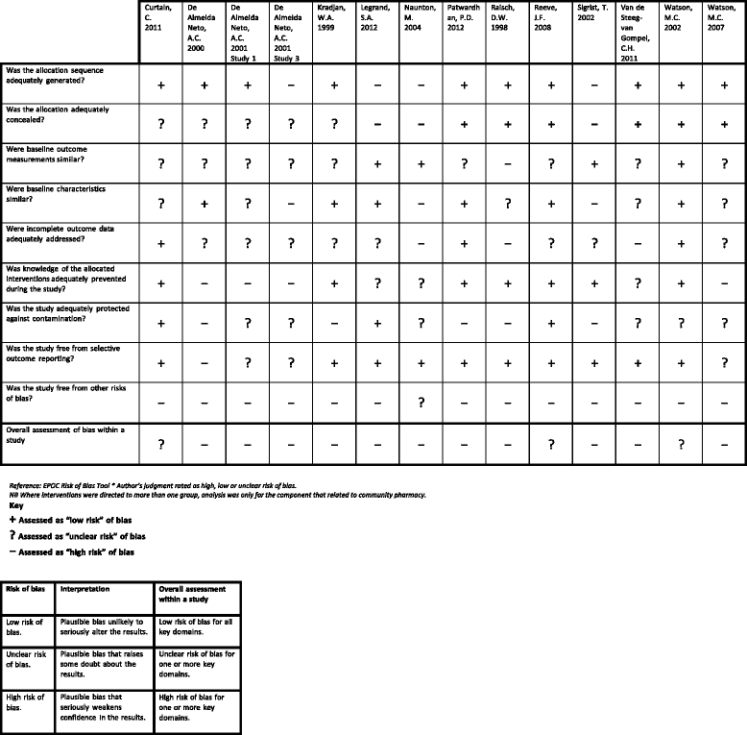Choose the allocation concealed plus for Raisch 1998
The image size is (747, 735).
507,122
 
